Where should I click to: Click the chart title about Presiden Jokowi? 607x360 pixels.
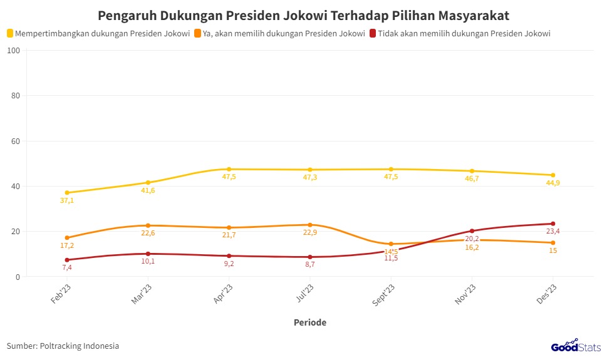[x=303, y=14]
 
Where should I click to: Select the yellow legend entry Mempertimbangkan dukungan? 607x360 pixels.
[x=98, y=33]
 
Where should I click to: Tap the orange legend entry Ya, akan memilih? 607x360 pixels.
[x=280, y=33]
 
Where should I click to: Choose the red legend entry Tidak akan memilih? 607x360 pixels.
[x=460, y=33]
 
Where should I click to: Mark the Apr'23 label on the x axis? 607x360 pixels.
[x=223, y=293]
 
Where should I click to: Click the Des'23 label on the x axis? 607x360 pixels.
[x=547, y=293]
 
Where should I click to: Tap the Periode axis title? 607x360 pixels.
[x=310, y=322]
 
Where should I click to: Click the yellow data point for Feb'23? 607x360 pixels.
[x=67, y=193]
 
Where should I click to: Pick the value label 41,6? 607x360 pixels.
[x=148, y=190]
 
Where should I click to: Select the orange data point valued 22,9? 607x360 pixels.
[x=310, y=225]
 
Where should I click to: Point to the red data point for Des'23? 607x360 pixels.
[x=553, y=224]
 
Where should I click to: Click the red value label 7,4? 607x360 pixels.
[x=67, y=268]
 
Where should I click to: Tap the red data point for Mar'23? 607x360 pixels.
[x=148, y=254]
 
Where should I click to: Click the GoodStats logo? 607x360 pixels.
[x=576, y=346]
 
